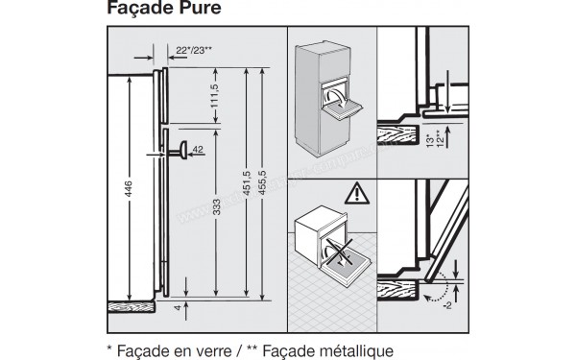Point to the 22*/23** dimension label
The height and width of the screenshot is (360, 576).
coord(196,49)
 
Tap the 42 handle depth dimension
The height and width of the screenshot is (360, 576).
coord(198,151)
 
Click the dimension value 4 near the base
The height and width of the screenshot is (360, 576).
coord(178,310)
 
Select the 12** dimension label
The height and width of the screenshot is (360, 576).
coord(438,141)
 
